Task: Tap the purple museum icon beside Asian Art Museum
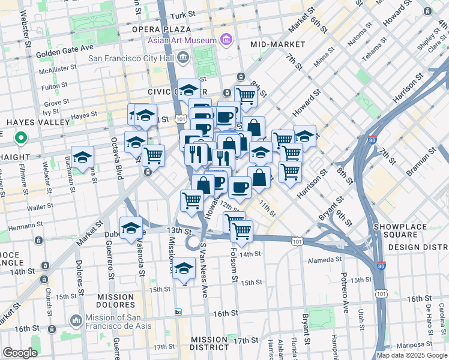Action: [x=226, y=41]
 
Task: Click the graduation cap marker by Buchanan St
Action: [x=83, y=157]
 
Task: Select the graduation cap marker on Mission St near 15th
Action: [x=184, y=268]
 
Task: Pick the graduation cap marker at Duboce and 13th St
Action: [x=131, y=228]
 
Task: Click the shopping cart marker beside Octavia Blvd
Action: [x=154, y=155]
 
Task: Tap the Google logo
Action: [x=20, y=353]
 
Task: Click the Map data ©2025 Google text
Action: [x=412, y=355]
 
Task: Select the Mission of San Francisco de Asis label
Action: [x=124, y=319]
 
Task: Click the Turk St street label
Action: [x=184, y=14]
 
